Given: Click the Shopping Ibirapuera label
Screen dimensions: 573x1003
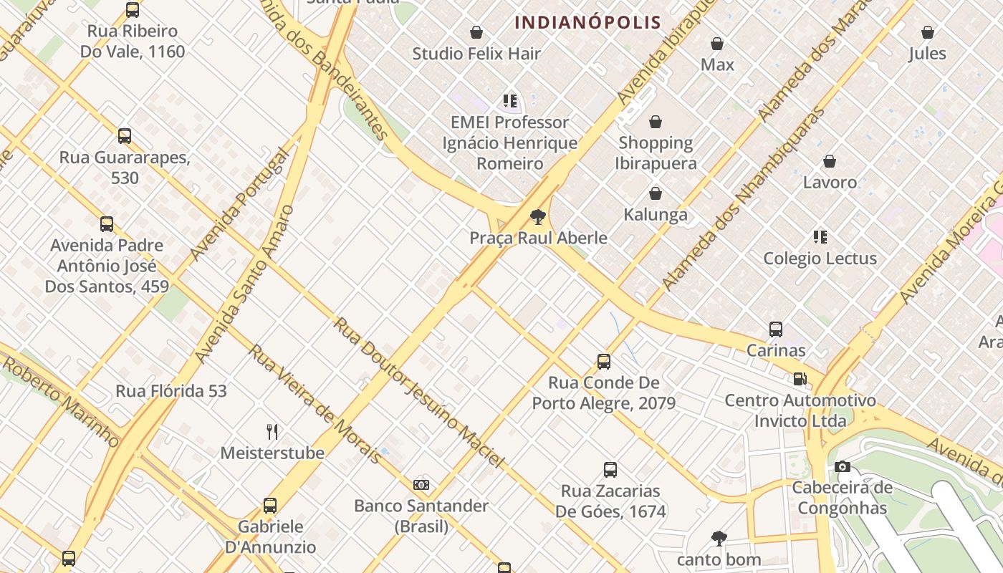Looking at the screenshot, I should tap(655, 153).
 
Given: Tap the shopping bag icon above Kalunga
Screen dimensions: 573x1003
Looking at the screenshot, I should tap(655, 193).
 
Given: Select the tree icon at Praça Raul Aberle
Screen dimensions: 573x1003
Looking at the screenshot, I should tap(537, 217).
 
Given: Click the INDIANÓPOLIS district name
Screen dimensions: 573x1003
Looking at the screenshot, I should tap(587, 22).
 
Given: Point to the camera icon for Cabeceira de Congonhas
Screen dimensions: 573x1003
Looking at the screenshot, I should tap(843, 467).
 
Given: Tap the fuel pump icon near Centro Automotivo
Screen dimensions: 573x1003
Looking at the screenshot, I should tap(800, 379).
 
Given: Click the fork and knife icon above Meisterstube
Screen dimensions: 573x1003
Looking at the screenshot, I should tap(272, 431).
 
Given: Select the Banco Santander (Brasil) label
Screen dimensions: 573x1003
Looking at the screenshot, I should tap(421, 516).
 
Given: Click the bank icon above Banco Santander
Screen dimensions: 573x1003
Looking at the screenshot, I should tap(421, 485).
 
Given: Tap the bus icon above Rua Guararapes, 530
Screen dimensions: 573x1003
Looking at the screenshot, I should tap(125, 135).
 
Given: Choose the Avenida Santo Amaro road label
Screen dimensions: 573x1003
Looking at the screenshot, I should tap(244, 284).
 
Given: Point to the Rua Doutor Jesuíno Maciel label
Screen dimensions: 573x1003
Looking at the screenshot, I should tap(419, 393).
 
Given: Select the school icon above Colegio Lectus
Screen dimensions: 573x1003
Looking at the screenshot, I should tap(820, 237).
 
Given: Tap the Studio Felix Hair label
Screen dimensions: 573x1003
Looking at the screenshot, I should tap(476, 54).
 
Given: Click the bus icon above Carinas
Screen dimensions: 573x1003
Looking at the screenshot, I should tap(776, 329).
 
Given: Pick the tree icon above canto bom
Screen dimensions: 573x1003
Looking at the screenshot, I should tap(719, 538).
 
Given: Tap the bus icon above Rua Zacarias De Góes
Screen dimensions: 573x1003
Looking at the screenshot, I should tap(610, 470).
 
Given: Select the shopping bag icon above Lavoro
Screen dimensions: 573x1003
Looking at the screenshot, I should tap(830, 161).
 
